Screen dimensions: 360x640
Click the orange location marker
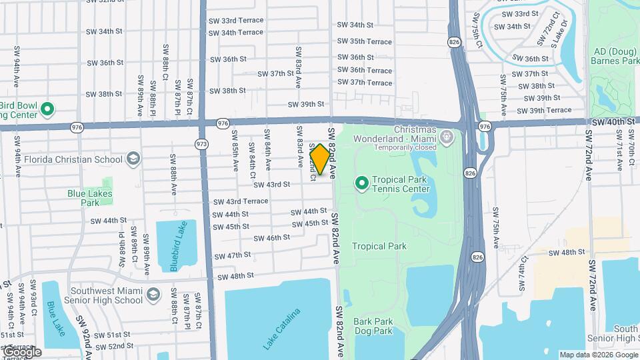pos(320,159)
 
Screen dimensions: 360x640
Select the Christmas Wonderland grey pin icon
pos(446,138)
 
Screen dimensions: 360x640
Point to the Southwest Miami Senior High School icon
pos(153,295)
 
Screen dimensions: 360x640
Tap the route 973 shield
pos(201,143)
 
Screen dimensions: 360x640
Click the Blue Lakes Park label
pos(90,197)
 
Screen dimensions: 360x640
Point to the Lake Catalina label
pos(281,329)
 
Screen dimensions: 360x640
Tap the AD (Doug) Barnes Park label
pos(615,55)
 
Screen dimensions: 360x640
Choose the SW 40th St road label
pos(613,122)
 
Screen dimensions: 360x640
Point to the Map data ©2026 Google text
pos(598,355)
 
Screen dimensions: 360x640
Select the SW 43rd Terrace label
pos(241,201)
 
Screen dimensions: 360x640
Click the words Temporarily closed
pos(406,147)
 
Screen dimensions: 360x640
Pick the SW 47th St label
pos(233,255)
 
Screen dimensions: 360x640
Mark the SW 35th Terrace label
pos(365,41)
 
